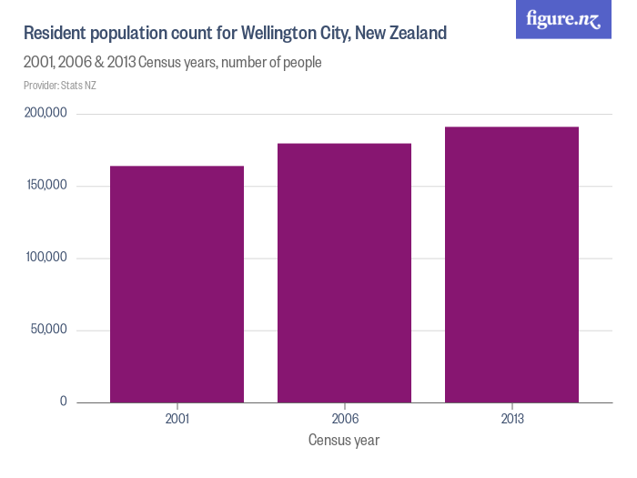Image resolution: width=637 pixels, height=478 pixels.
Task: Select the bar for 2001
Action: pos(177,284)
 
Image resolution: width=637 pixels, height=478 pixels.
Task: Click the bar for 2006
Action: pos(344,273)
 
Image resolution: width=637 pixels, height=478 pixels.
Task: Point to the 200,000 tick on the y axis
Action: pos(45,114)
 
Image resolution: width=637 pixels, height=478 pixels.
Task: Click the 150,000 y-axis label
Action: pos(45,186)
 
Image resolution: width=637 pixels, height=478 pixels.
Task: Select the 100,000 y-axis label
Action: pos(45,258)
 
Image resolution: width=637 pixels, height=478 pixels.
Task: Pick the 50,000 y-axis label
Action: pos(49,330)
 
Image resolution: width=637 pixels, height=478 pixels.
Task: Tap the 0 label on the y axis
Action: pos(63,402)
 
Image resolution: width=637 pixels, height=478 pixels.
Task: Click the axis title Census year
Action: pos(344,441)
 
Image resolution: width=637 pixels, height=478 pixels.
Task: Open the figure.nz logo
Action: pos(562,19)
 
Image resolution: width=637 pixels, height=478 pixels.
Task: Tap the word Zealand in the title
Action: pos(416,34)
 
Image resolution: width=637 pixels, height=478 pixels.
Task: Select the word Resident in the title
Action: pos(53,34)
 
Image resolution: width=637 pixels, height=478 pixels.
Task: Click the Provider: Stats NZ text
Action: pos(59,86)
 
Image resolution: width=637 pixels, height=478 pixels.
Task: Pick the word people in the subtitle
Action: pos(300,63)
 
